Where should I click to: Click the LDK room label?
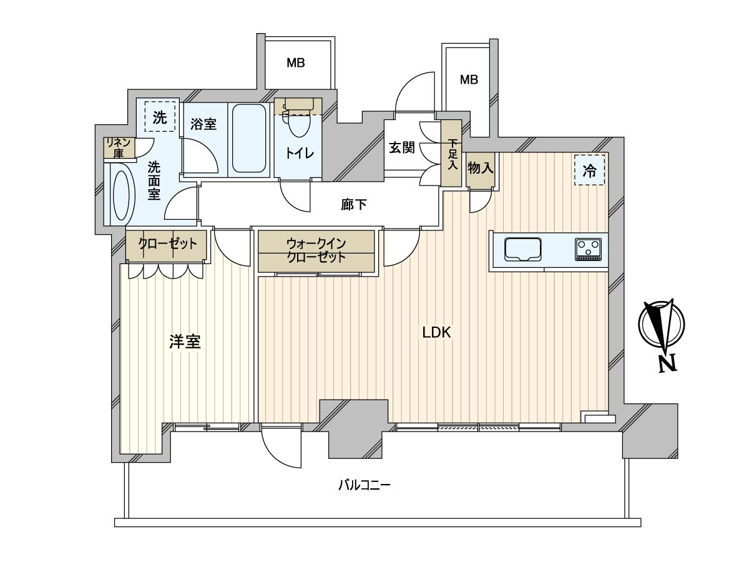coord(436,332)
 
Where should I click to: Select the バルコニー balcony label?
coord(364,485)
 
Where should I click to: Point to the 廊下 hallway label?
coord(354,204)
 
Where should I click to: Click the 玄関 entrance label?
coord(402,147)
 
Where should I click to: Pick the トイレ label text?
coord(299,154)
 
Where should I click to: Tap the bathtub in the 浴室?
coord(249,139)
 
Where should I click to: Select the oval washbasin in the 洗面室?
coord(121,195)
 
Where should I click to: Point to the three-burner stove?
coord(589,249)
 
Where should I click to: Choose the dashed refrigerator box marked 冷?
coord(589,170)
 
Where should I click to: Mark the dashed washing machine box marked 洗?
coord(160,117)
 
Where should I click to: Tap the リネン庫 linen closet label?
coord(119,148)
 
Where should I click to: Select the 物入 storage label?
coord(481,168)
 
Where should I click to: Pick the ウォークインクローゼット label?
coord(316,250)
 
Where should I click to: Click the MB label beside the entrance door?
coord(469,80)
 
